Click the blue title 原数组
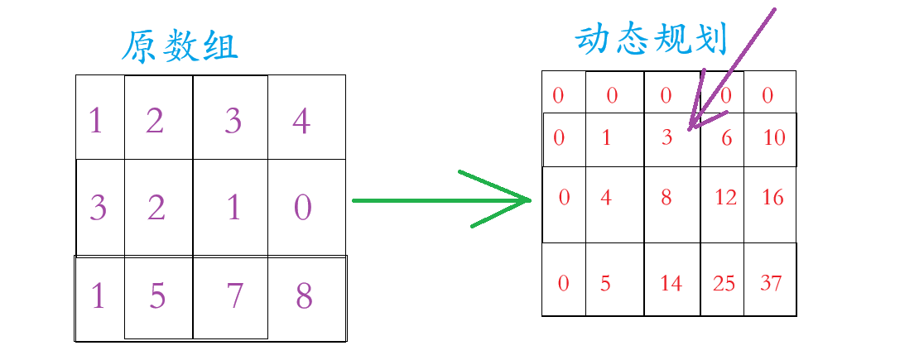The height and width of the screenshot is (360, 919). point(180,48)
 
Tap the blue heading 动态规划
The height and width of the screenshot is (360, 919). point(651,39)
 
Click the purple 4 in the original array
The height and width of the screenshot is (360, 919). point(301,122)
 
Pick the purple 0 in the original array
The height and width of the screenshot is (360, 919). point(303,207)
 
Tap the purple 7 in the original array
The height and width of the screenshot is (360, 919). point(234,295)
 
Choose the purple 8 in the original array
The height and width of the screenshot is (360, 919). point(304,295)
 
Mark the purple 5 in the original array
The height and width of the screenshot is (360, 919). point(157,295)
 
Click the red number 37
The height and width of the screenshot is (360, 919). point(771,283)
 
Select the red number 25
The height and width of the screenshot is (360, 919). point(724,283)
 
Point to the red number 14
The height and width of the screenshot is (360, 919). point(671,283)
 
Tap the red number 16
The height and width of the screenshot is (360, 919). point(772,197)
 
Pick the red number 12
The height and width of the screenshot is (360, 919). point(725,197)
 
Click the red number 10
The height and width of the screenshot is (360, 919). point(774,137)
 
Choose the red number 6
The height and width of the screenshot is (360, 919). point(727,137)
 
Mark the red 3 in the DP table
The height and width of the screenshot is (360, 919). point(667,137)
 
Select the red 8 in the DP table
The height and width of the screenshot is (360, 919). point(666,197)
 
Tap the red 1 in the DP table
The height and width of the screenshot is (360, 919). point(606,137)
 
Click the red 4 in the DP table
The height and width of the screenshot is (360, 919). point(605,197)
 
